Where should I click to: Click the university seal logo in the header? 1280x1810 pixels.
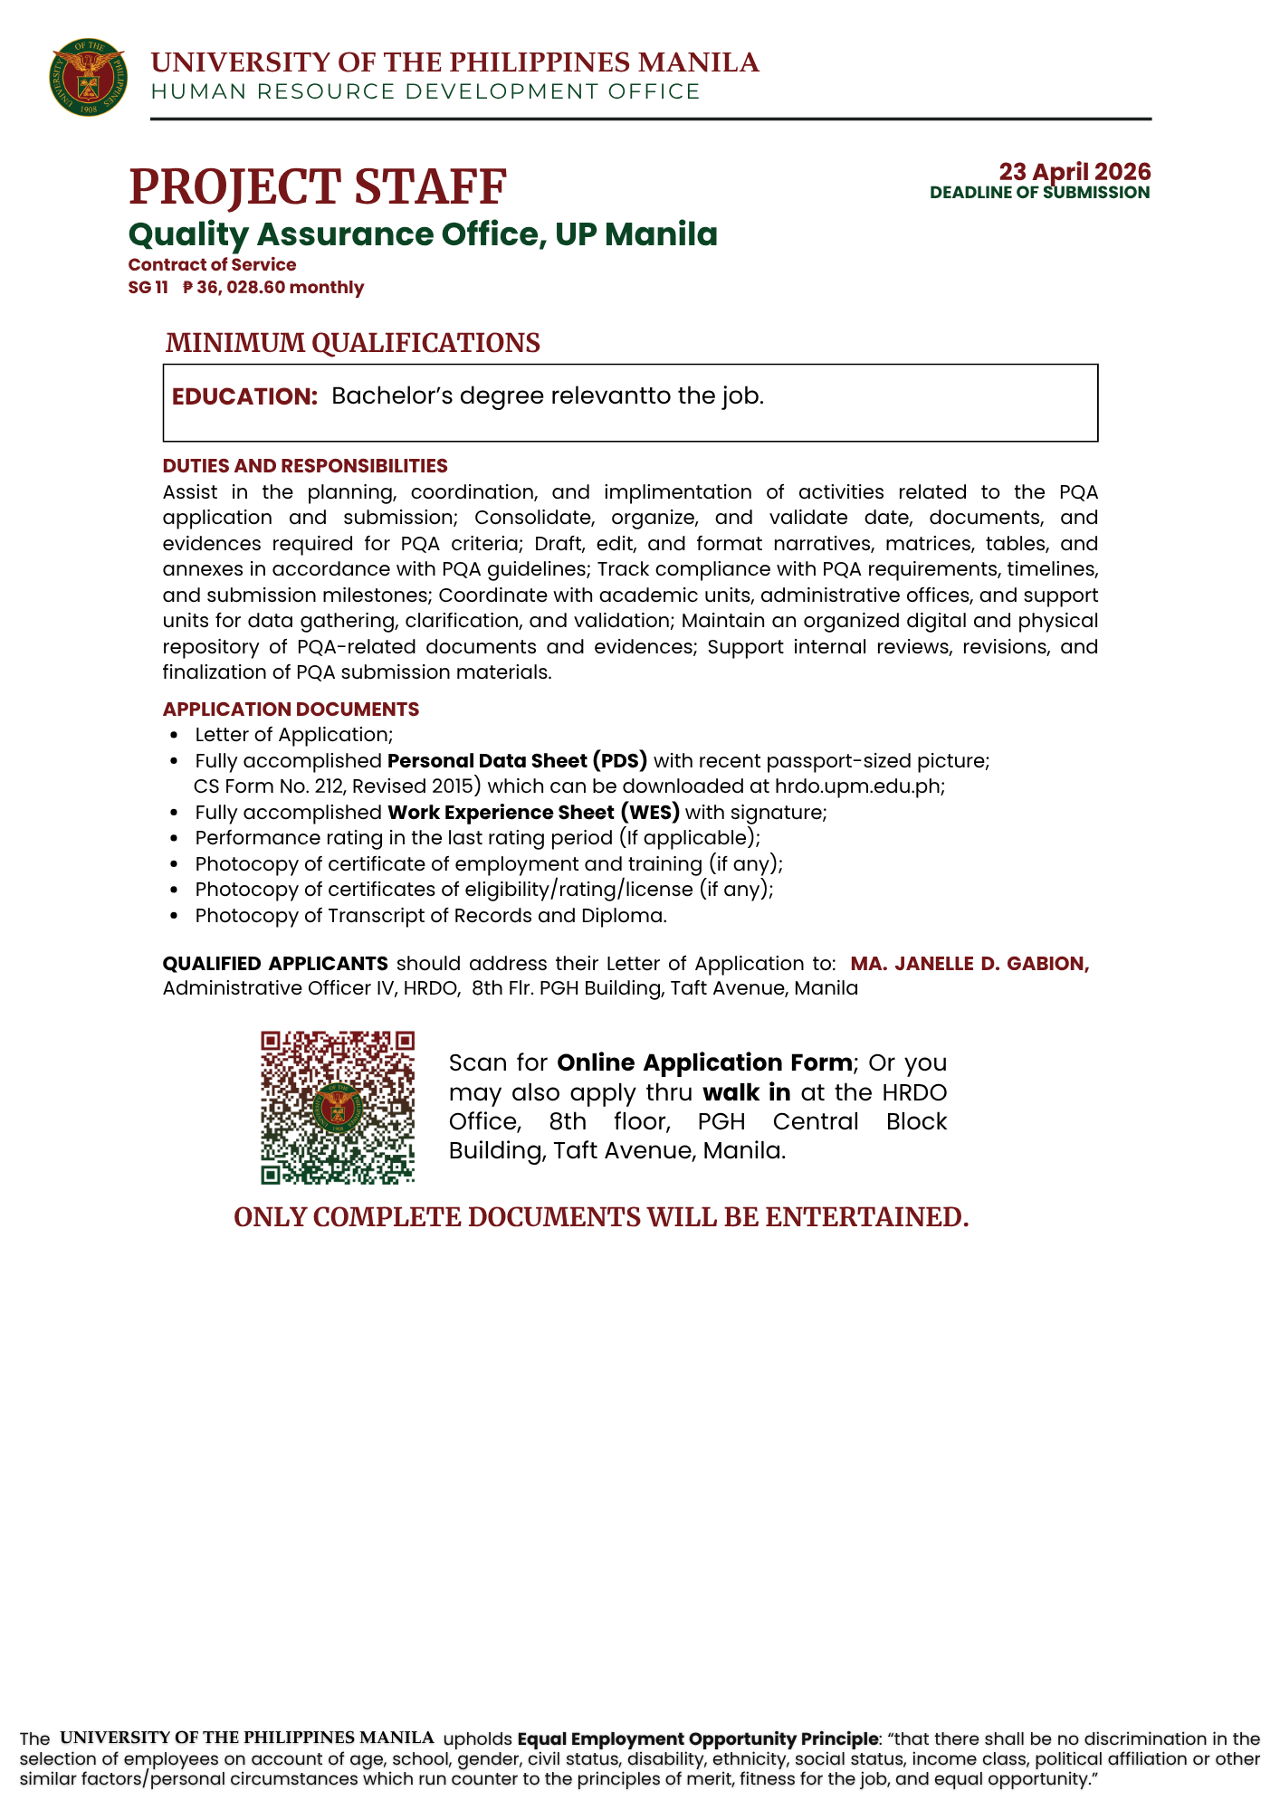[x=88, y=77]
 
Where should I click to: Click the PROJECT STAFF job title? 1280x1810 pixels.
[x=317, y=186]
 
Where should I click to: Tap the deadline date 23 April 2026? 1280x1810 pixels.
[x=1075, y=171]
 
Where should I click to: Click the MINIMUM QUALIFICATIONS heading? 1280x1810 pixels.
[x=352, y=343]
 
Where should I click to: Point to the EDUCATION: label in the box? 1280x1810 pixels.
[x=244, y=396]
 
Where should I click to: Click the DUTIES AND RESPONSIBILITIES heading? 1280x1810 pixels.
[x=305, y=466]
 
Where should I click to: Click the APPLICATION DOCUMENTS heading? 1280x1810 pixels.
[x=291, y=709]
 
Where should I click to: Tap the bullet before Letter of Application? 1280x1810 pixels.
[x=175, y=736]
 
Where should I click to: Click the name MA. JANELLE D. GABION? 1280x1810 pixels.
[x=969, y=964]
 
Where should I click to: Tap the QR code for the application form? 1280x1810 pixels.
[x=338, y=1107]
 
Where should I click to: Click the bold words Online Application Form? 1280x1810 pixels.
[x=704, y=1062]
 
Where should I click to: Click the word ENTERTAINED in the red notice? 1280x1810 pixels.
[x=866, y=1217]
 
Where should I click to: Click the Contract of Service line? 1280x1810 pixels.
[x=212, y=265]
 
